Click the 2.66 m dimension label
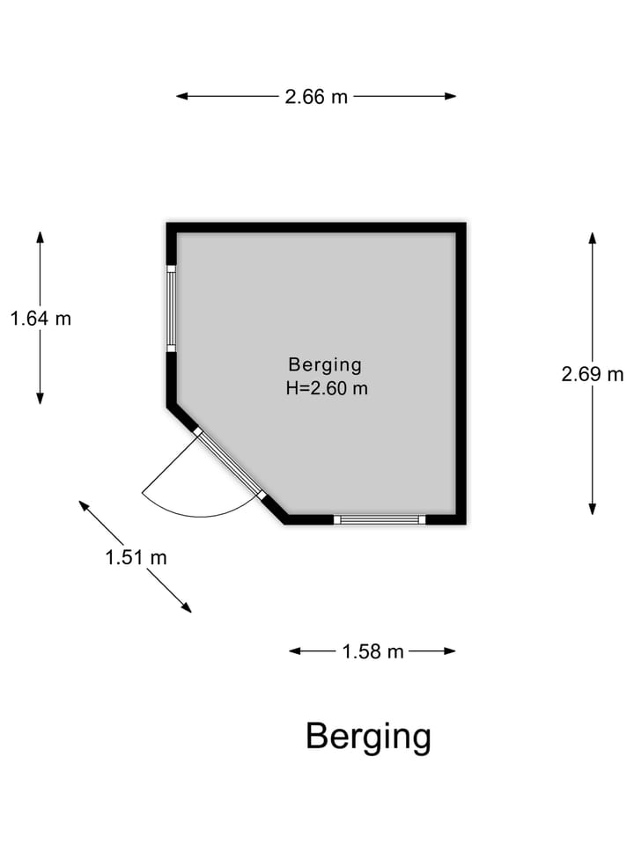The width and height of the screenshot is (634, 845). pos(316,97)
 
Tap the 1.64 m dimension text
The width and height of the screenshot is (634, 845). pos(41,319)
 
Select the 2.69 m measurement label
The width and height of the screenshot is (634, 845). pos(593,374)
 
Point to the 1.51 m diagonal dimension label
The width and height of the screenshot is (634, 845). pos(136,557)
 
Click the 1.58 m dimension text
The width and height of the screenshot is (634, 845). pos(372,651)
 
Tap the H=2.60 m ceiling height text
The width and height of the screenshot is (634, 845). pos(327,388)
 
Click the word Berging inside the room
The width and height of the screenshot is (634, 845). pos(325,364)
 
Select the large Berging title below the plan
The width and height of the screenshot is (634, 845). pos(368,736)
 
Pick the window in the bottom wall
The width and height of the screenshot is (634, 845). pos(380,519)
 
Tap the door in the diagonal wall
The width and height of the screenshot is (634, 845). pos(229,464)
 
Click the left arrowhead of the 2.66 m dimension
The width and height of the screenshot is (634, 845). pos(181,96)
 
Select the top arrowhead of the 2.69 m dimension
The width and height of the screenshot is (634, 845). pos(593,238)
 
